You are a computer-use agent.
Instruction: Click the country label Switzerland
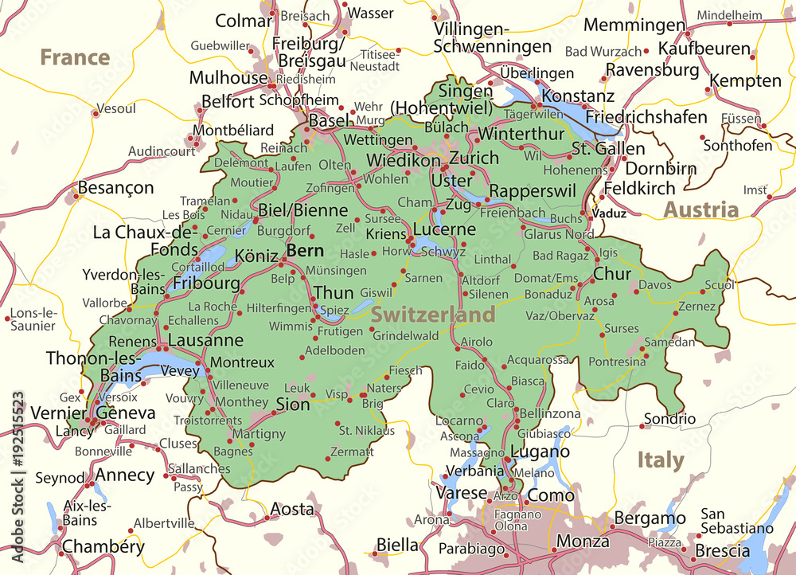tap(433, 315)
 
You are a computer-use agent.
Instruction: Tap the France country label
tap(75, 57)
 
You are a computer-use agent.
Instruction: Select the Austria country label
tap(701, 209)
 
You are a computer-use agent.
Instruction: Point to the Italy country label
tap(660, 460)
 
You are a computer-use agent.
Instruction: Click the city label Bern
tap(306, 251)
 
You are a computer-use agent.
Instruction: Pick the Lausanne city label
tap(206, 340)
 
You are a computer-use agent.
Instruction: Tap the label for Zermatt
tap(351, 452)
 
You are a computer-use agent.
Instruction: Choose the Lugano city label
tap(540, 452)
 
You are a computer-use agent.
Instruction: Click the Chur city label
tap(612, 274)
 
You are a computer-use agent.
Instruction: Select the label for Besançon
tap(115, 188)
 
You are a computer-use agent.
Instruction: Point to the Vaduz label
tap(610, 213)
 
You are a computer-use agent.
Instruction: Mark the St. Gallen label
tap(608, 148)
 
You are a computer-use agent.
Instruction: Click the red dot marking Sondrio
tap(642, 426)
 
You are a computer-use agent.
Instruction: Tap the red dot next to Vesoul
tap(95, 114)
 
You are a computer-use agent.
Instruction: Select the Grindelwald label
tap(405, 335)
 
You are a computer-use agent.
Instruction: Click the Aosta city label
tap(292, 509)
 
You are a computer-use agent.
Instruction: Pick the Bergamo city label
tap(650, 518)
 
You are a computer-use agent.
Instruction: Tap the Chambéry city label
tap(103, 546)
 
